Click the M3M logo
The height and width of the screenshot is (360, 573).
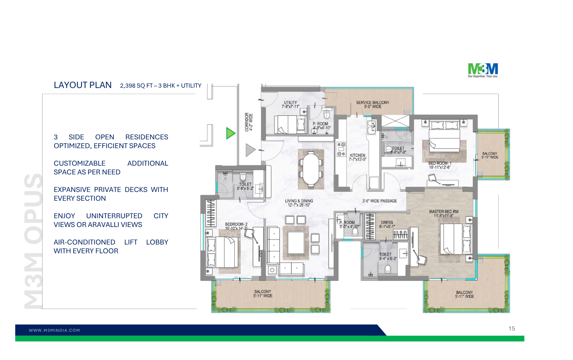pyautogui.click(x=483, y=70)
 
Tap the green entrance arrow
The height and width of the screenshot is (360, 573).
pyautogui.click(x=230, y=133)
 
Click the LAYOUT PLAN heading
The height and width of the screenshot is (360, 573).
pyautogui.click(x=83, y=85)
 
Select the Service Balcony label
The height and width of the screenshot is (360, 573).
pyautogui.click(x=372, y=104)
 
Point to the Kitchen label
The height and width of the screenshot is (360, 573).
pyautogui.click(x=357, y=157)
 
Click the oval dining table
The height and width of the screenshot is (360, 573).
pyautogui.click(x=311, y=169)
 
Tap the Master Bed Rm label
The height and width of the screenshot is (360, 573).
pyautogui.click(x=444, y=213)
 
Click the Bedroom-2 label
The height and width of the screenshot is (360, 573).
pyautogui.click(x=236, y=226)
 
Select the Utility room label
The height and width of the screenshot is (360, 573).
pyautogui.click(x=290, y=104)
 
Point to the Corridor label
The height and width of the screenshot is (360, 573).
pyautogui.click(x=248, y=122)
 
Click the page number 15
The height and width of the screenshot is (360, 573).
pyautogui.click(x=512, y=329)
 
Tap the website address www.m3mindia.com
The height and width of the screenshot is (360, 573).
pyautogui.click(x=54, y=330)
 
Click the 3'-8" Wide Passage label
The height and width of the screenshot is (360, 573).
pyautogui.click(x=379, y=201)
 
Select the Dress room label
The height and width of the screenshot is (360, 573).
pyautogui.click(x=387, y=225)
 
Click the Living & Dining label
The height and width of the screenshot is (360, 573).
pyautogui.click(x=299, y=203)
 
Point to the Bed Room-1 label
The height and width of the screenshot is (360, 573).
pyautogui.click(x=440, y=165)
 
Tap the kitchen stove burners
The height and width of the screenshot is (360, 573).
pyautogui.click(x=341, y=149)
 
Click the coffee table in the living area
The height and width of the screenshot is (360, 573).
pyautogui.click(x=296, y=242)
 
